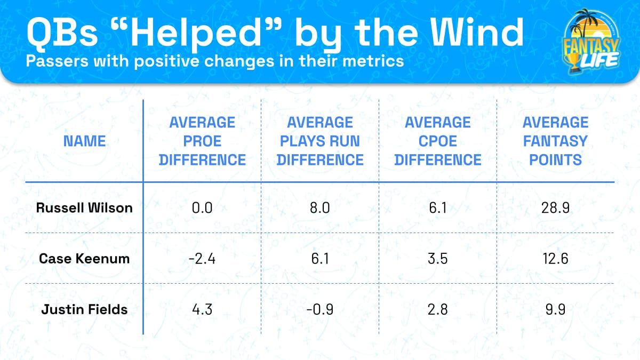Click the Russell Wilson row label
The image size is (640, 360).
click(84, 208)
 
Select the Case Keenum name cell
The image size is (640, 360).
click(84, 259)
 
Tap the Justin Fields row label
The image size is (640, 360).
click(84, 309)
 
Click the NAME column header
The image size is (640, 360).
click(84, 141)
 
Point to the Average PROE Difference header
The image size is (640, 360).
click(202, 141)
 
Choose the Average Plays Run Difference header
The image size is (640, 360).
click(320, 141)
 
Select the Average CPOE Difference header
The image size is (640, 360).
click(437, 141)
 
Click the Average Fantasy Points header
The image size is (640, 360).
click(555, 141)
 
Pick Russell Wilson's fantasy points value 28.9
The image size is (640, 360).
click(555, 208)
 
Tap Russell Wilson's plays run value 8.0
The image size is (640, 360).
click(320, 208)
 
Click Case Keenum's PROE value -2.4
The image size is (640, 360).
click(202, 259)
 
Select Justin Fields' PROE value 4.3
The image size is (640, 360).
click(202, 309)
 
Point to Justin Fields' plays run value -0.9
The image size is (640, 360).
click(320, 309)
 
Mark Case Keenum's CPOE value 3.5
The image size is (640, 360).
click(437, 259)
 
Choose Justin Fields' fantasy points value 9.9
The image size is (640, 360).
click(555, 309)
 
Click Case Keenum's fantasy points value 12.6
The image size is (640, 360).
click(555, 259)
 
